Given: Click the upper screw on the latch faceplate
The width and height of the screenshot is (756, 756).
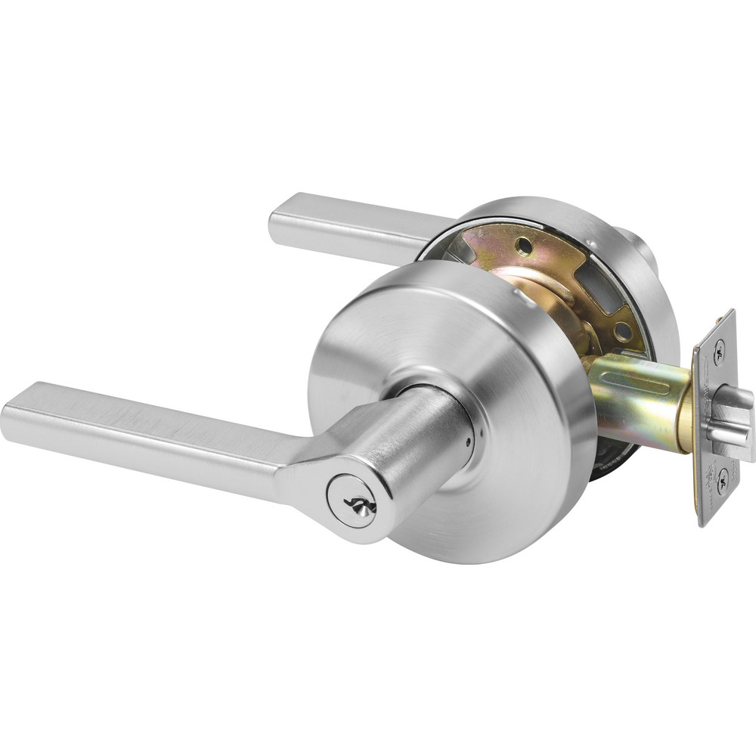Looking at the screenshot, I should (718, 349).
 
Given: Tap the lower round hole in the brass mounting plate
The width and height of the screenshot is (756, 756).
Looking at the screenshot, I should (621, 330).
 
